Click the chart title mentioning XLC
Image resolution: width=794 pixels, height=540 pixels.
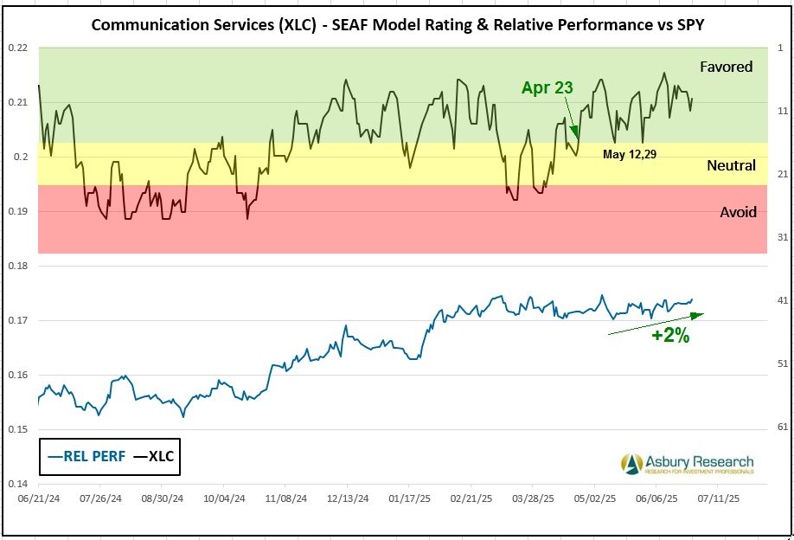click(397, 24)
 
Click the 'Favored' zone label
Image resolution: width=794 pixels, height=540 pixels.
click(727, 67)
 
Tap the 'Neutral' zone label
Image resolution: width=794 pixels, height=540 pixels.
click(731, 165)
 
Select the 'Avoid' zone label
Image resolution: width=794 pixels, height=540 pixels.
click(738, 212)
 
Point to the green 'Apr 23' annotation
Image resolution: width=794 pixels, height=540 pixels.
click(547, 87)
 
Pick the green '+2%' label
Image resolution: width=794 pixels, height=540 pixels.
click(670, 337)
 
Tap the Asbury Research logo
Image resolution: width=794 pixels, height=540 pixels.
click(687, 464)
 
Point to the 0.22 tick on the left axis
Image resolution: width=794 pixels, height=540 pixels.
click(17, 48)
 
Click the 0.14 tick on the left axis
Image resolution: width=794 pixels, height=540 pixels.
click(17, 484)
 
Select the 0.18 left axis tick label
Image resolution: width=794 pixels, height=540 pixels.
click(17, 266)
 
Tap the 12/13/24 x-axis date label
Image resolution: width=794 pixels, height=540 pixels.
click(349, 499)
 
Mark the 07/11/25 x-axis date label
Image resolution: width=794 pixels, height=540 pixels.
click(720, 499)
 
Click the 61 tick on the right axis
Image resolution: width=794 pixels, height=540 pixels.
click(781, 427)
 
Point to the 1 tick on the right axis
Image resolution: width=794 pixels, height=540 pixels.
click(781, 48)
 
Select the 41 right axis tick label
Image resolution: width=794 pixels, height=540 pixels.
click(781, 300)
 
